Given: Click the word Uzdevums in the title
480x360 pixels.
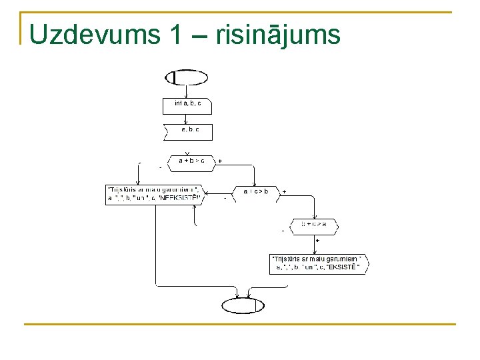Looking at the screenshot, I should (93, 35).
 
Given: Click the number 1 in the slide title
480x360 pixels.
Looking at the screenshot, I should (176, 35).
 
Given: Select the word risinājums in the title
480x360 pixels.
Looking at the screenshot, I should (279, 35).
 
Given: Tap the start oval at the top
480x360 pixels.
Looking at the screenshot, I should (186, 77).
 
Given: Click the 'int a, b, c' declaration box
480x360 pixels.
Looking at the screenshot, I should (187, 105).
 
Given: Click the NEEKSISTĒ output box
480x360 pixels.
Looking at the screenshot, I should (153, 194).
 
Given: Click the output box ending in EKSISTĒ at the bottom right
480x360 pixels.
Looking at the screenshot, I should (318, 264).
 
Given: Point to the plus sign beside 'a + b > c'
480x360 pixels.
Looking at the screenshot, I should (221, 161).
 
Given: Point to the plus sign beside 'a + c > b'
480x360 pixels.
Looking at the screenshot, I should (285, 192).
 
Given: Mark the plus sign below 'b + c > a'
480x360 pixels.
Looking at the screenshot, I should (317, 241).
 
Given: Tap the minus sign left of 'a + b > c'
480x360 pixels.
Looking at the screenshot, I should (160, 167).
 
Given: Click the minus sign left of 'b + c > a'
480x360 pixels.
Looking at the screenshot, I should (283, 231).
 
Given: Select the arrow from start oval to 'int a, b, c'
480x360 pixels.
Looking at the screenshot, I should (187, 92).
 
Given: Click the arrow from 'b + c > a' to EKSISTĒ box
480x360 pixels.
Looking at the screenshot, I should (313, 245).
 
